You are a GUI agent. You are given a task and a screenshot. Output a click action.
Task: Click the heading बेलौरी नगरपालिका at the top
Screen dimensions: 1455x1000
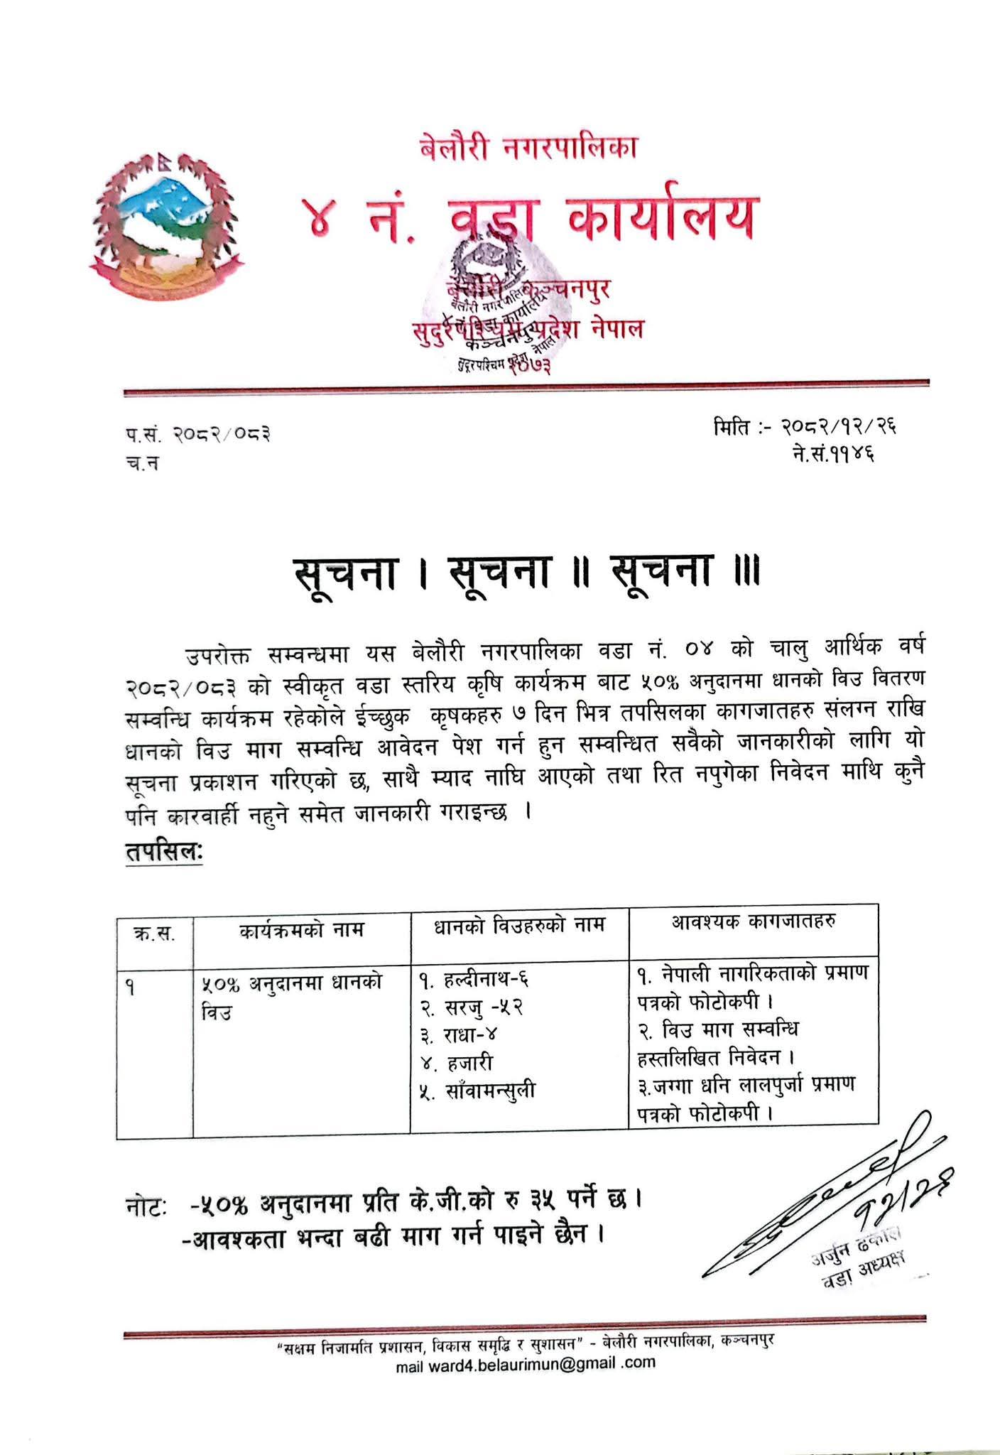[528, 148]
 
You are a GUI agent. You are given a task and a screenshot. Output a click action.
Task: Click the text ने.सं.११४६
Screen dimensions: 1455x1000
[834, 453]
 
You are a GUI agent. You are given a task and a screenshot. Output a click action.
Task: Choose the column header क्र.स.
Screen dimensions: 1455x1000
[154, 931]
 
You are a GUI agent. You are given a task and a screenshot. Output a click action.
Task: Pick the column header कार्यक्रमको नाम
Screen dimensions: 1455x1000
[302, 929]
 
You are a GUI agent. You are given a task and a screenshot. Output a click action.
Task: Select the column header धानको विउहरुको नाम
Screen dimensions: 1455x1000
[519, 926]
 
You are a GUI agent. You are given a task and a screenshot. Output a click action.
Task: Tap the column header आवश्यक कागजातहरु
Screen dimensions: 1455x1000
[753, 921]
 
